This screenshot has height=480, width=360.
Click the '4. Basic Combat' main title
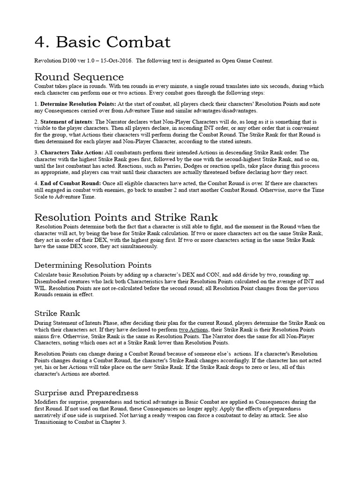click(103, 43)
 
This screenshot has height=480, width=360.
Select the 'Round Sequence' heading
click(79, 77)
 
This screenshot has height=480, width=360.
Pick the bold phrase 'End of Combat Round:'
click(69, 182)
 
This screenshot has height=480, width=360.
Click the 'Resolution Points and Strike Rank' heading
click(127, 217)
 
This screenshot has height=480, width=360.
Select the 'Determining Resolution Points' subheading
click(93, 265)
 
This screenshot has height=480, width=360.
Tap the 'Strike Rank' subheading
click(58, 313)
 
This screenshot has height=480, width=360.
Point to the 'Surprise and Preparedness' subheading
click(86, 392)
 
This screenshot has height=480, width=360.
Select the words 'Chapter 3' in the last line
click(112, 422)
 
